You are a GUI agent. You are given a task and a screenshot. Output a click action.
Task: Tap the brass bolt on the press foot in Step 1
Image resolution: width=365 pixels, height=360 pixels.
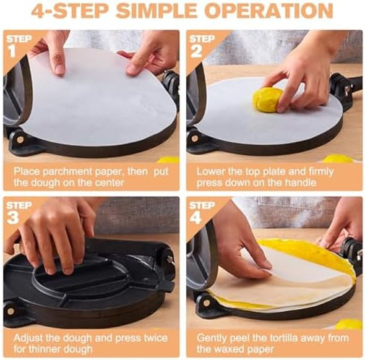(20, 140)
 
